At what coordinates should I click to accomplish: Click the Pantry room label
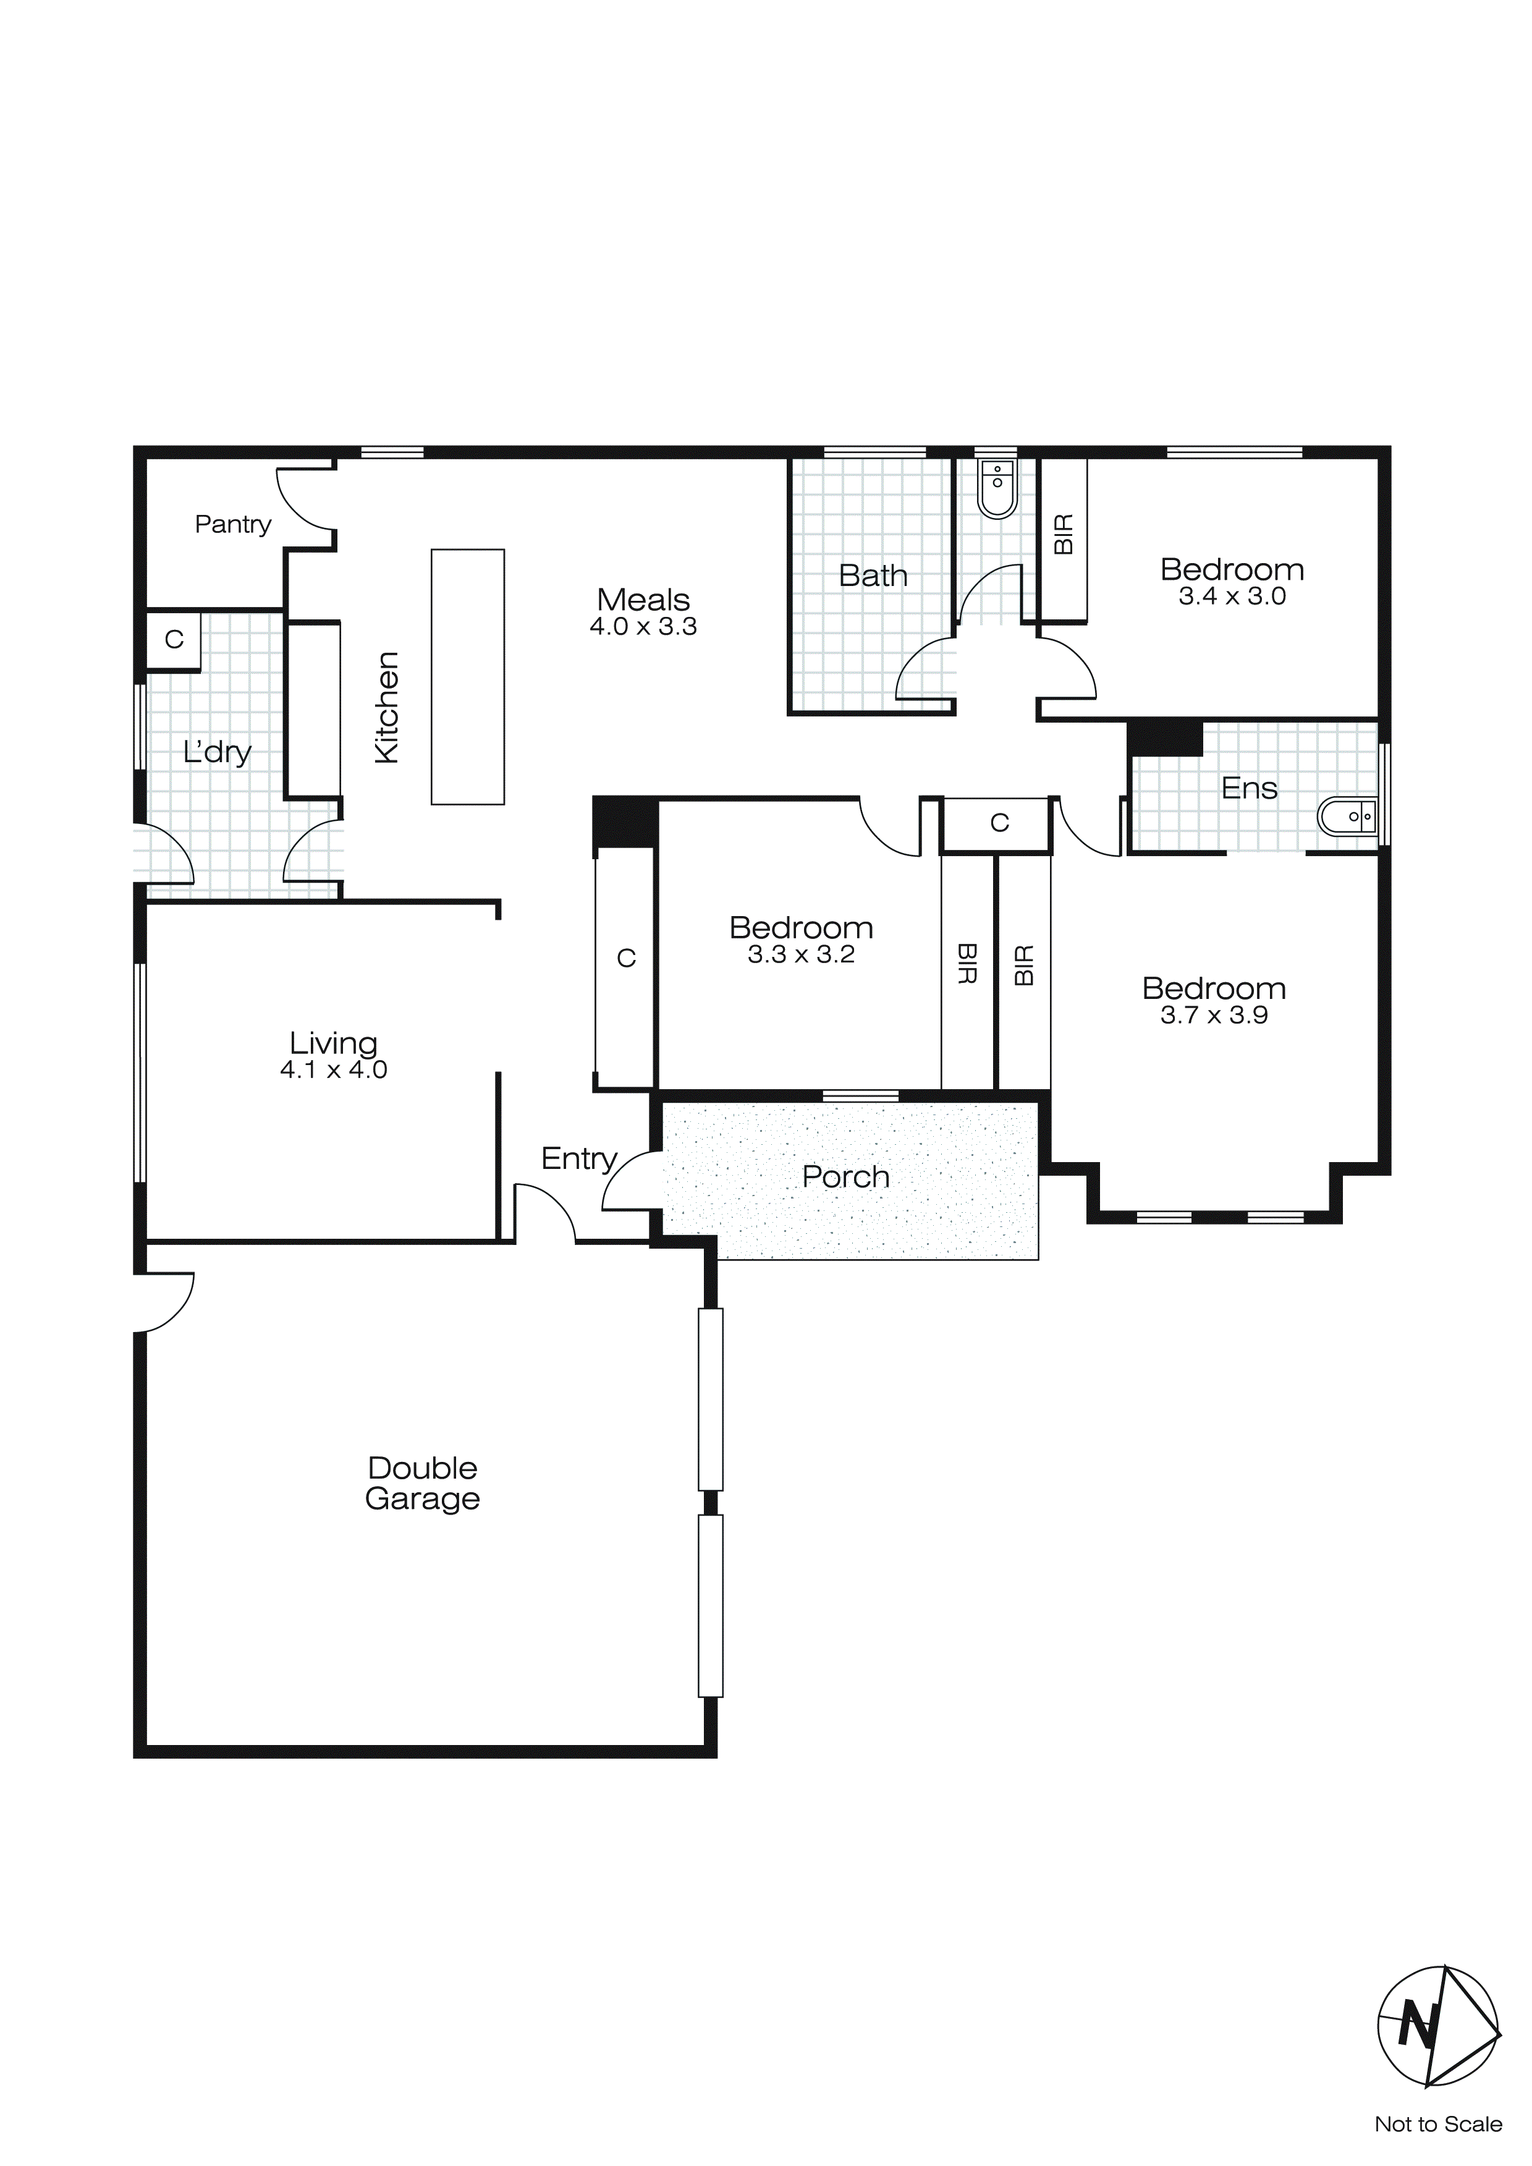click(x=232, y=525)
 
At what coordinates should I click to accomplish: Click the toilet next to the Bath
click(x=996, y=489)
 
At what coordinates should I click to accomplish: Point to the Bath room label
click(x=873, y=575)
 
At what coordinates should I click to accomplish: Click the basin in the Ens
click(x=1347, y=817)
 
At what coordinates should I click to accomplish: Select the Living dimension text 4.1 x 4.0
click(x=333, y=1070)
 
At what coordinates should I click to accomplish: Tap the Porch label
click(x=845, y=1178)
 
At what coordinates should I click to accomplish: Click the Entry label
click(x=578, y=1158)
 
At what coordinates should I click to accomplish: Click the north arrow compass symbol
click(x=1437, y=2026)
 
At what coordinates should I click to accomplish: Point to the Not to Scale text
click(x=1437, y=2125)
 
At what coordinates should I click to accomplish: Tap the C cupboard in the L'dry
click(x=174, y=640)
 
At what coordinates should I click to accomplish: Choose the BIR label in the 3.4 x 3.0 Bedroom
click(x=1063, y=534)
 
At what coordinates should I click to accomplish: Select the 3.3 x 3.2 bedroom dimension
click(x=801, y=954)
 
